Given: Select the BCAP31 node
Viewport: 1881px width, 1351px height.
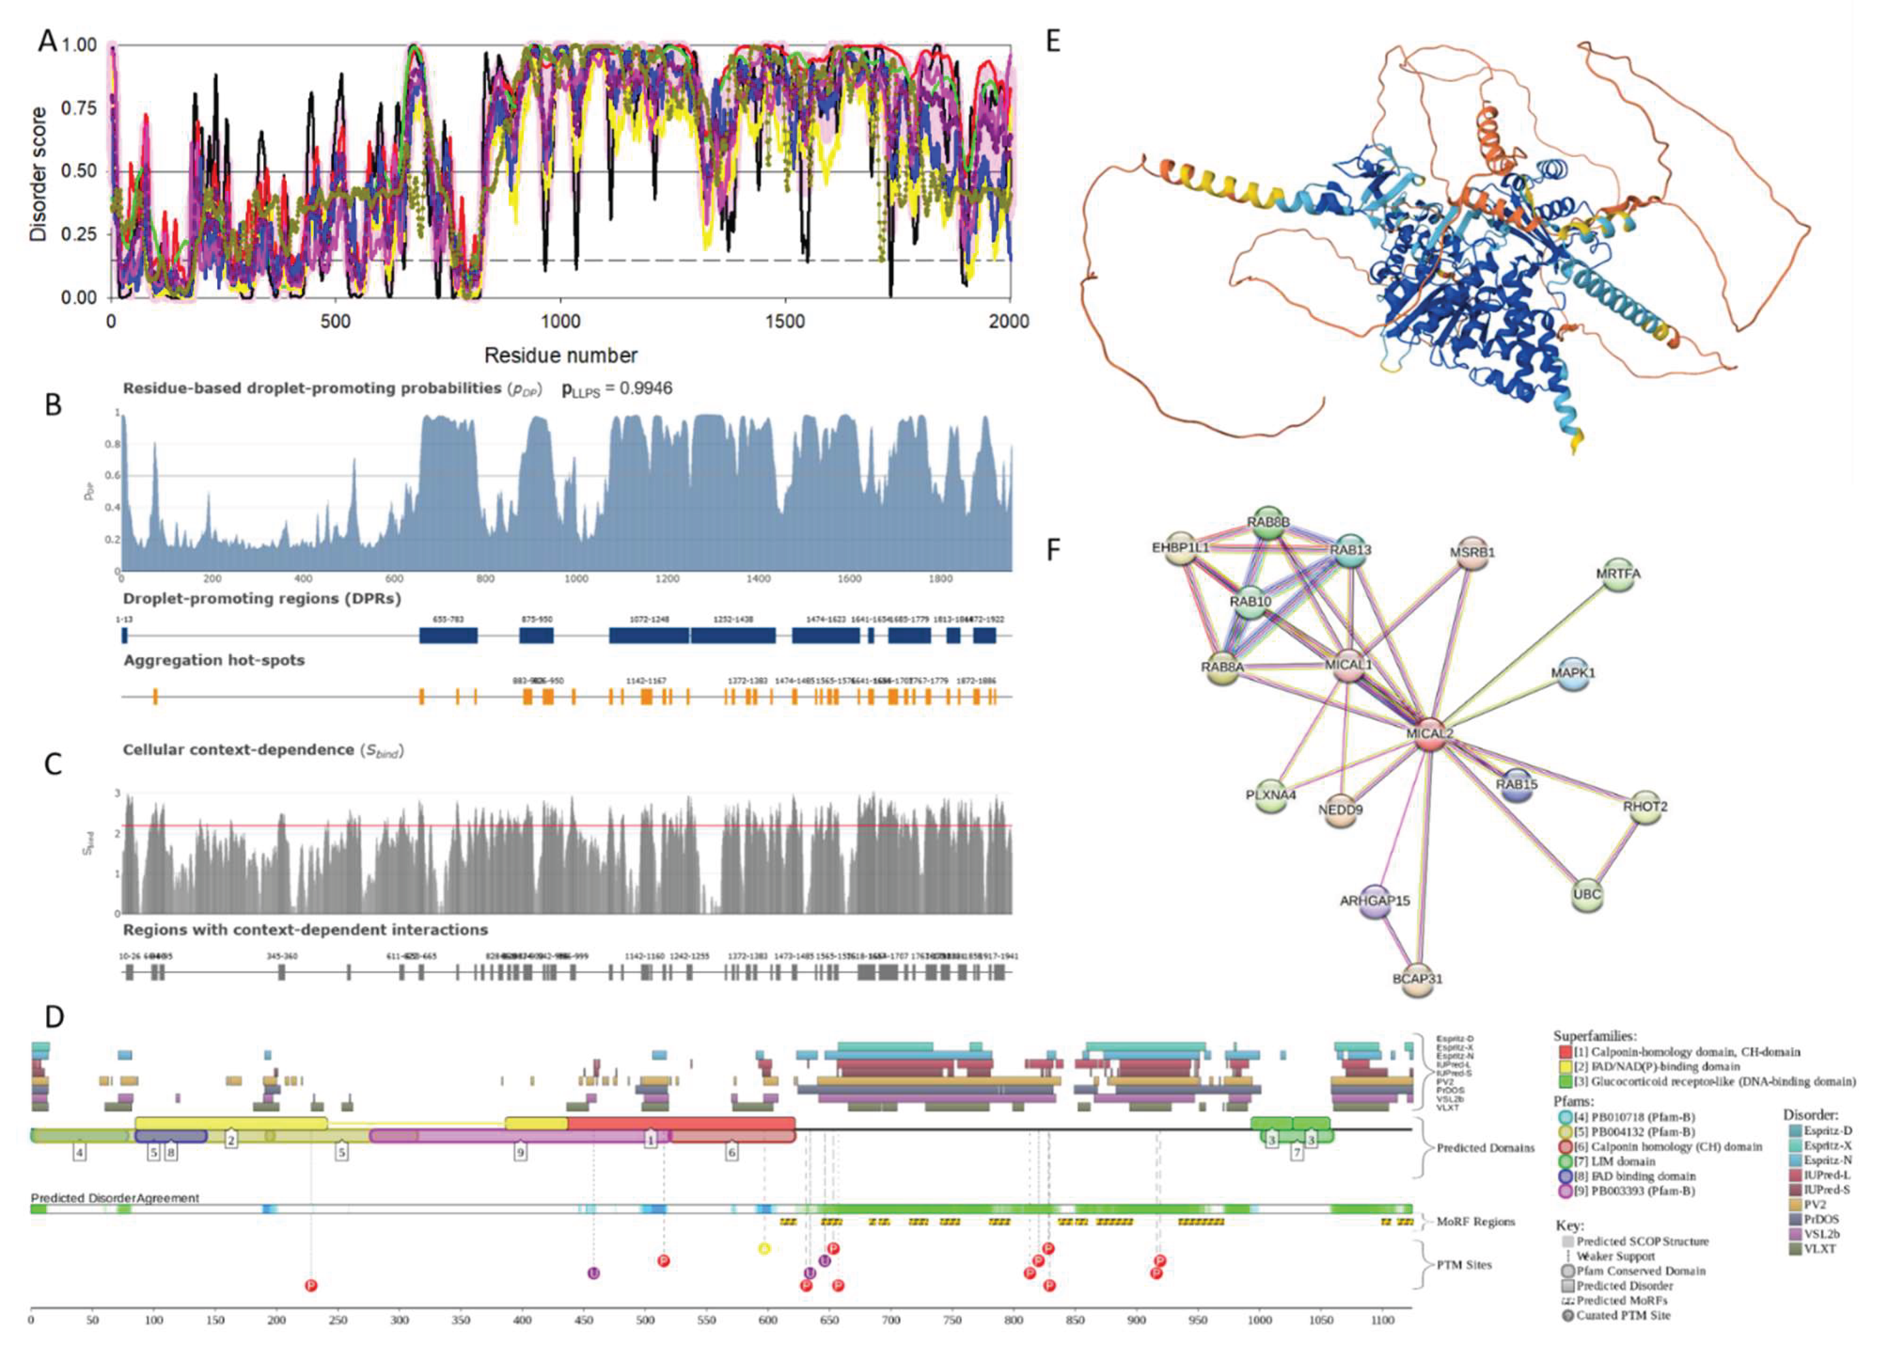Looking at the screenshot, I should pyautogui.click(x=1418, y=977).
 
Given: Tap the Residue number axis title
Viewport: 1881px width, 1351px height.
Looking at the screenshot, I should pyautogui.click(x=561, y=356).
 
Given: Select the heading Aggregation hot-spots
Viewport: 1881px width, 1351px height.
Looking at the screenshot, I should pyautogui.click(x=214, y=660).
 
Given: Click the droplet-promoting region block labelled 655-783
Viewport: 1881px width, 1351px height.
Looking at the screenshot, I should pyautogui.click(x=448, y=635).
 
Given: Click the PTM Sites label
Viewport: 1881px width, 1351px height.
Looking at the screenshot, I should pyautogui.click(x=1464, y=1265).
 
